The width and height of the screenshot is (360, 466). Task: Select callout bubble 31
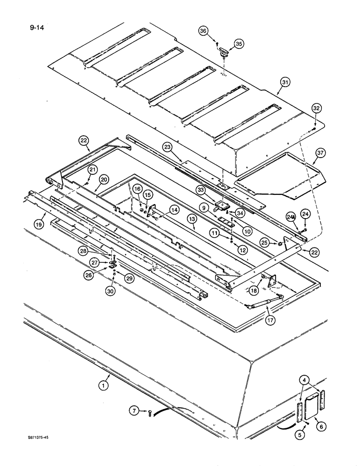click(x=285, y=82)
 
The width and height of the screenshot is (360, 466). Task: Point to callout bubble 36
click(x=203, y=31)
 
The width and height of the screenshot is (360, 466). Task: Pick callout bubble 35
click(x=239, y=44)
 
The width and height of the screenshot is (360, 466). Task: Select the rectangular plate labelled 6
click(x=309, y=404)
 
